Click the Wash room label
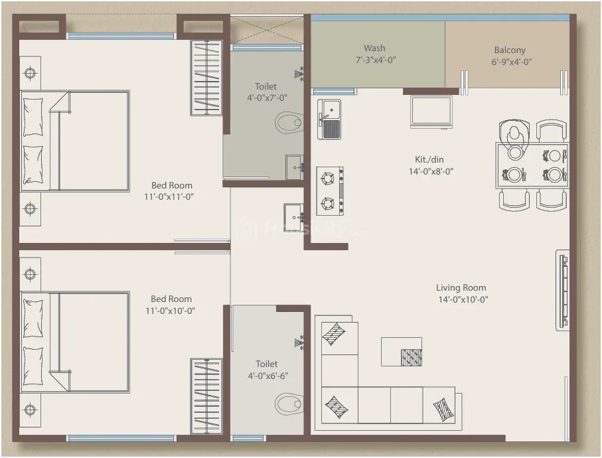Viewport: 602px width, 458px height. coord(374,48)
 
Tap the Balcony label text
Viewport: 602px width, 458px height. coord(510,50)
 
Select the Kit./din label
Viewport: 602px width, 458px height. coord(429,160)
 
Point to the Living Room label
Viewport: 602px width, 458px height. coord(461,287)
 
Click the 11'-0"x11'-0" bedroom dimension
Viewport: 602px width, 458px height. coord(169,197)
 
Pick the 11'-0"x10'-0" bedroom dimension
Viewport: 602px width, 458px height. coord(170,311)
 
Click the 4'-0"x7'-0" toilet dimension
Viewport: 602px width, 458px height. coord(267,98)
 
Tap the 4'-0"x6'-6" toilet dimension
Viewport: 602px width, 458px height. coord(267,376)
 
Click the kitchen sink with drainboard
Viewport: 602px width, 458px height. coord(329,119)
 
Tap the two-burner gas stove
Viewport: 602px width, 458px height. coord(330,191)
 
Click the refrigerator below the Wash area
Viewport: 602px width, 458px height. coord(431,112)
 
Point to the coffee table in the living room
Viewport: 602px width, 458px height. coord(402,352)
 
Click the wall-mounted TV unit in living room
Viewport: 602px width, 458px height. coord(562,290)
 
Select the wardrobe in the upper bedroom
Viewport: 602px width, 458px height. coord(206,78)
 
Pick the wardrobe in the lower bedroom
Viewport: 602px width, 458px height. coord(206,396)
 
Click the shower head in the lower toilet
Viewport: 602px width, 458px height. coord(299,343)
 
